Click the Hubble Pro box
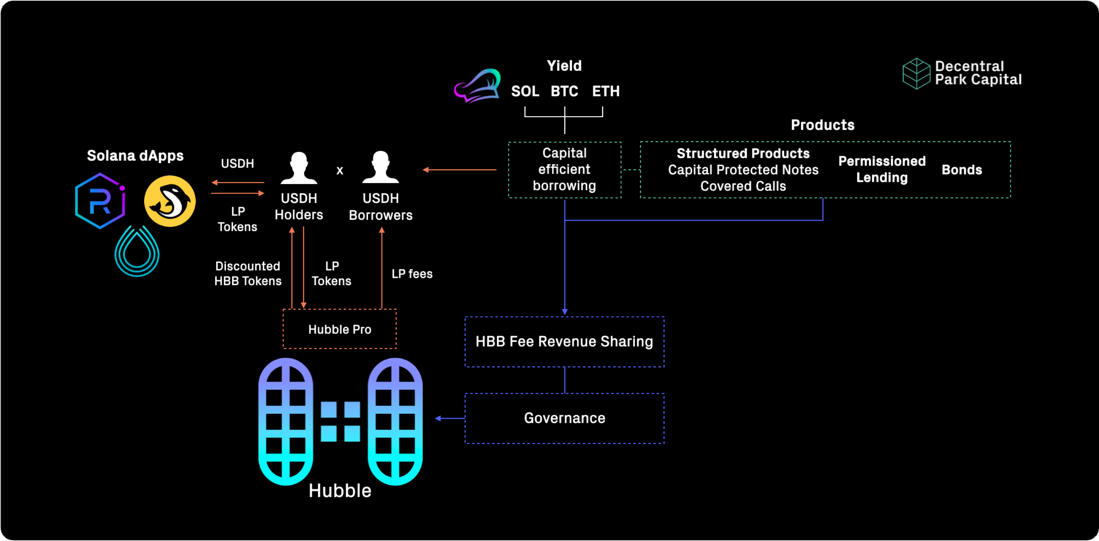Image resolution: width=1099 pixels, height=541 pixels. [x=340, y=329]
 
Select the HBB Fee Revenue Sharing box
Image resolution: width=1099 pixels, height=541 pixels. [x=564, y=342]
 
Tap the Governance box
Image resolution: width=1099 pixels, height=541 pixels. [x=564, y=418]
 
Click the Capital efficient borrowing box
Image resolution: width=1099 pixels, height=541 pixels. [x=564, y=170]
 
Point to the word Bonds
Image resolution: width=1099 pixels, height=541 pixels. [x=961, y=170]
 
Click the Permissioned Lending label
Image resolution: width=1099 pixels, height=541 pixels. [x=881, y=169]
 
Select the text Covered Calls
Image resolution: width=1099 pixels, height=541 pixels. [x=743, y=186]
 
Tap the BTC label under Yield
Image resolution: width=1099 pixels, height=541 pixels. [x=564, y=91]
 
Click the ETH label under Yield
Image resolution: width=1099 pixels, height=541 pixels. [x=606, y=91]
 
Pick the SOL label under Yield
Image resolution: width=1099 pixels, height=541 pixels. [x=525, y=91]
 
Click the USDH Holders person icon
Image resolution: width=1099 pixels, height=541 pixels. [x=299, y=168]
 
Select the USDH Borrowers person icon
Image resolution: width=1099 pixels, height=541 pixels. [x=380, y=168]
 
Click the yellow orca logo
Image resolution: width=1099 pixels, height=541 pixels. [x=170, y=201]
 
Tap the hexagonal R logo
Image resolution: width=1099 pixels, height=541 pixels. [x=100, y=201]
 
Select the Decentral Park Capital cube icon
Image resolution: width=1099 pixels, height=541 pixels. [x=916, y=73]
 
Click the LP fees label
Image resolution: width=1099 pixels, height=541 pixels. [x=412, y=274]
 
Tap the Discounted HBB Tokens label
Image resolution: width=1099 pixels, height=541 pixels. [x=247, y=274]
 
